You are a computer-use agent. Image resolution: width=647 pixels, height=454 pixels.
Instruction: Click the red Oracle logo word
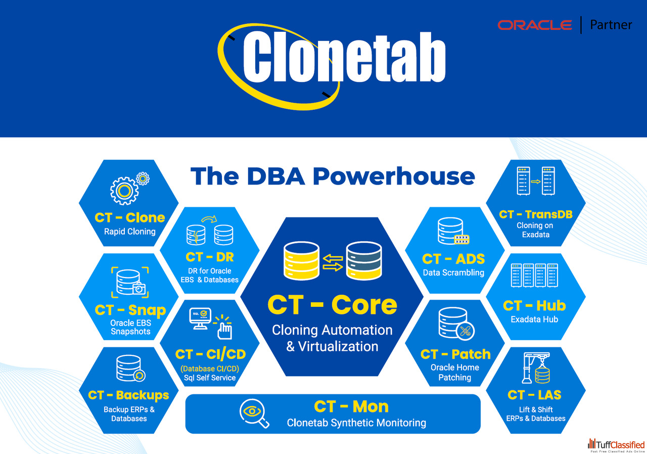[x=535, y=25]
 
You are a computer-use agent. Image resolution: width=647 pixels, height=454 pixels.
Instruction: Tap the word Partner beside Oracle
[x=611, y=25]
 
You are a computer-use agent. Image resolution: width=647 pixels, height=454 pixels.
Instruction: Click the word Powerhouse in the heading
[x=394, y=176]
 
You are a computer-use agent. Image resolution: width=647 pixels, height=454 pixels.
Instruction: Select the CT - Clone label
[x=130, y=217]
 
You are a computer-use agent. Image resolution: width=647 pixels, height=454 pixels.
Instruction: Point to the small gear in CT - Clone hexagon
[x=143, y=178]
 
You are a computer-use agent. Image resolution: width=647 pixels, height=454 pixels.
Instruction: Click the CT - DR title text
[x=210, y=257]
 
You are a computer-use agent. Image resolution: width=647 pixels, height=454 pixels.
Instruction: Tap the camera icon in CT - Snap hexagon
[x=139, y=289]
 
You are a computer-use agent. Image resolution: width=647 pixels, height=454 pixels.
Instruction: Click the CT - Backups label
[x=128, y=395]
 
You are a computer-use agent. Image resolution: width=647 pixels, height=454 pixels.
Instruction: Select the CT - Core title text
[x=332, y=305]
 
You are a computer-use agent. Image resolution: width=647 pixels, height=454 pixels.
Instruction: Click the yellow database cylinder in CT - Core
[x=301, y=261]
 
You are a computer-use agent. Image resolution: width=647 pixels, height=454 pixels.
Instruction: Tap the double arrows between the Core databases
[x=333, y=263]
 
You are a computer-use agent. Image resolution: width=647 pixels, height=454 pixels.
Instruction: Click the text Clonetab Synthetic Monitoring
[x=356, y=423]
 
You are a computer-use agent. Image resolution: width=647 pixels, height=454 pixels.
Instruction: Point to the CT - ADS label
[x=453, y=259]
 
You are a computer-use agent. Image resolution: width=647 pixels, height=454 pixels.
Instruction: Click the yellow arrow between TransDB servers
[x=535, y=181]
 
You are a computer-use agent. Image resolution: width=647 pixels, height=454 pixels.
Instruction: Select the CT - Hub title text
[x=534, y=305]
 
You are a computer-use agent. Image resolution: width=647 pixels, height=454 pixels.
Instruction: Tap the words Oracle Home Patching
[x=454, y=372]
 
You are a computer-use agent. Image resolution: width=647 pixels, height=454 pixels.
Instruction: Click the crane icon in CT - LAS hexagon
[x=536, y=368]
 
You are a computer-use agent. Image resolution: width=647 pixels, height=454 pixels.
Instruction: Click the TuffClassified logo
[x=616, y=445]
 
